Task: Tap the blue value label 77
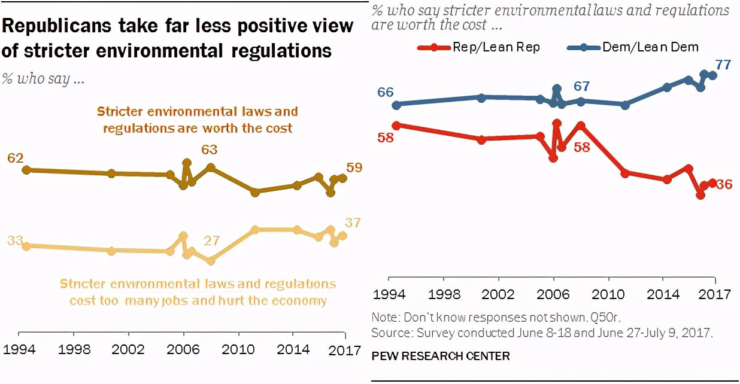point(723,65)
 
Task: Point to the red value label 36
point(724,184)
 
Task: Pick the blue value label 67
point(581,86)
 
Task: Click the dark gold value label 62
point(15,158)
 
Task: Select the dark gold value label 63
point(209,150)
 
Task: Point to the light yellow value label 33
point(15,241)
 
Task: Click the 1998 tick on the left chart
point(74,349)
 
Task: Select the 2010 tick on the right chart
point(608,294)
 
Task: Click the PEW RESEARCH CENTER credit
point(441,356)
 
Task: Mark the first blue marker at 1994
point(396,105)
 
